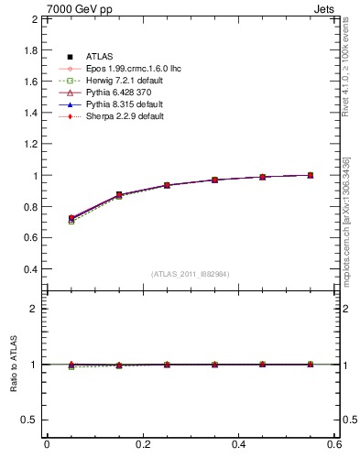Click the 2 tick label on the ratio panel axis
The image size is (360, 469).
click(x=34, y=309)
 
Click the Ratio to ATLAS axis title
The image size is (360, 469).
click(x=13, y=365)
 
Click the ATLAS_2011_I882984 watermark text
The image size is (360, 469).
click(x=190, y=274)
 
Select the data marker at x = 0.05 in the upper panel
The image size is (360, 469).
click(x=71, y=218)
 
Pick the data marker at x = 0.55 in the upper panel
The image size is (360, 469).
click(x=311, y=175)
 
